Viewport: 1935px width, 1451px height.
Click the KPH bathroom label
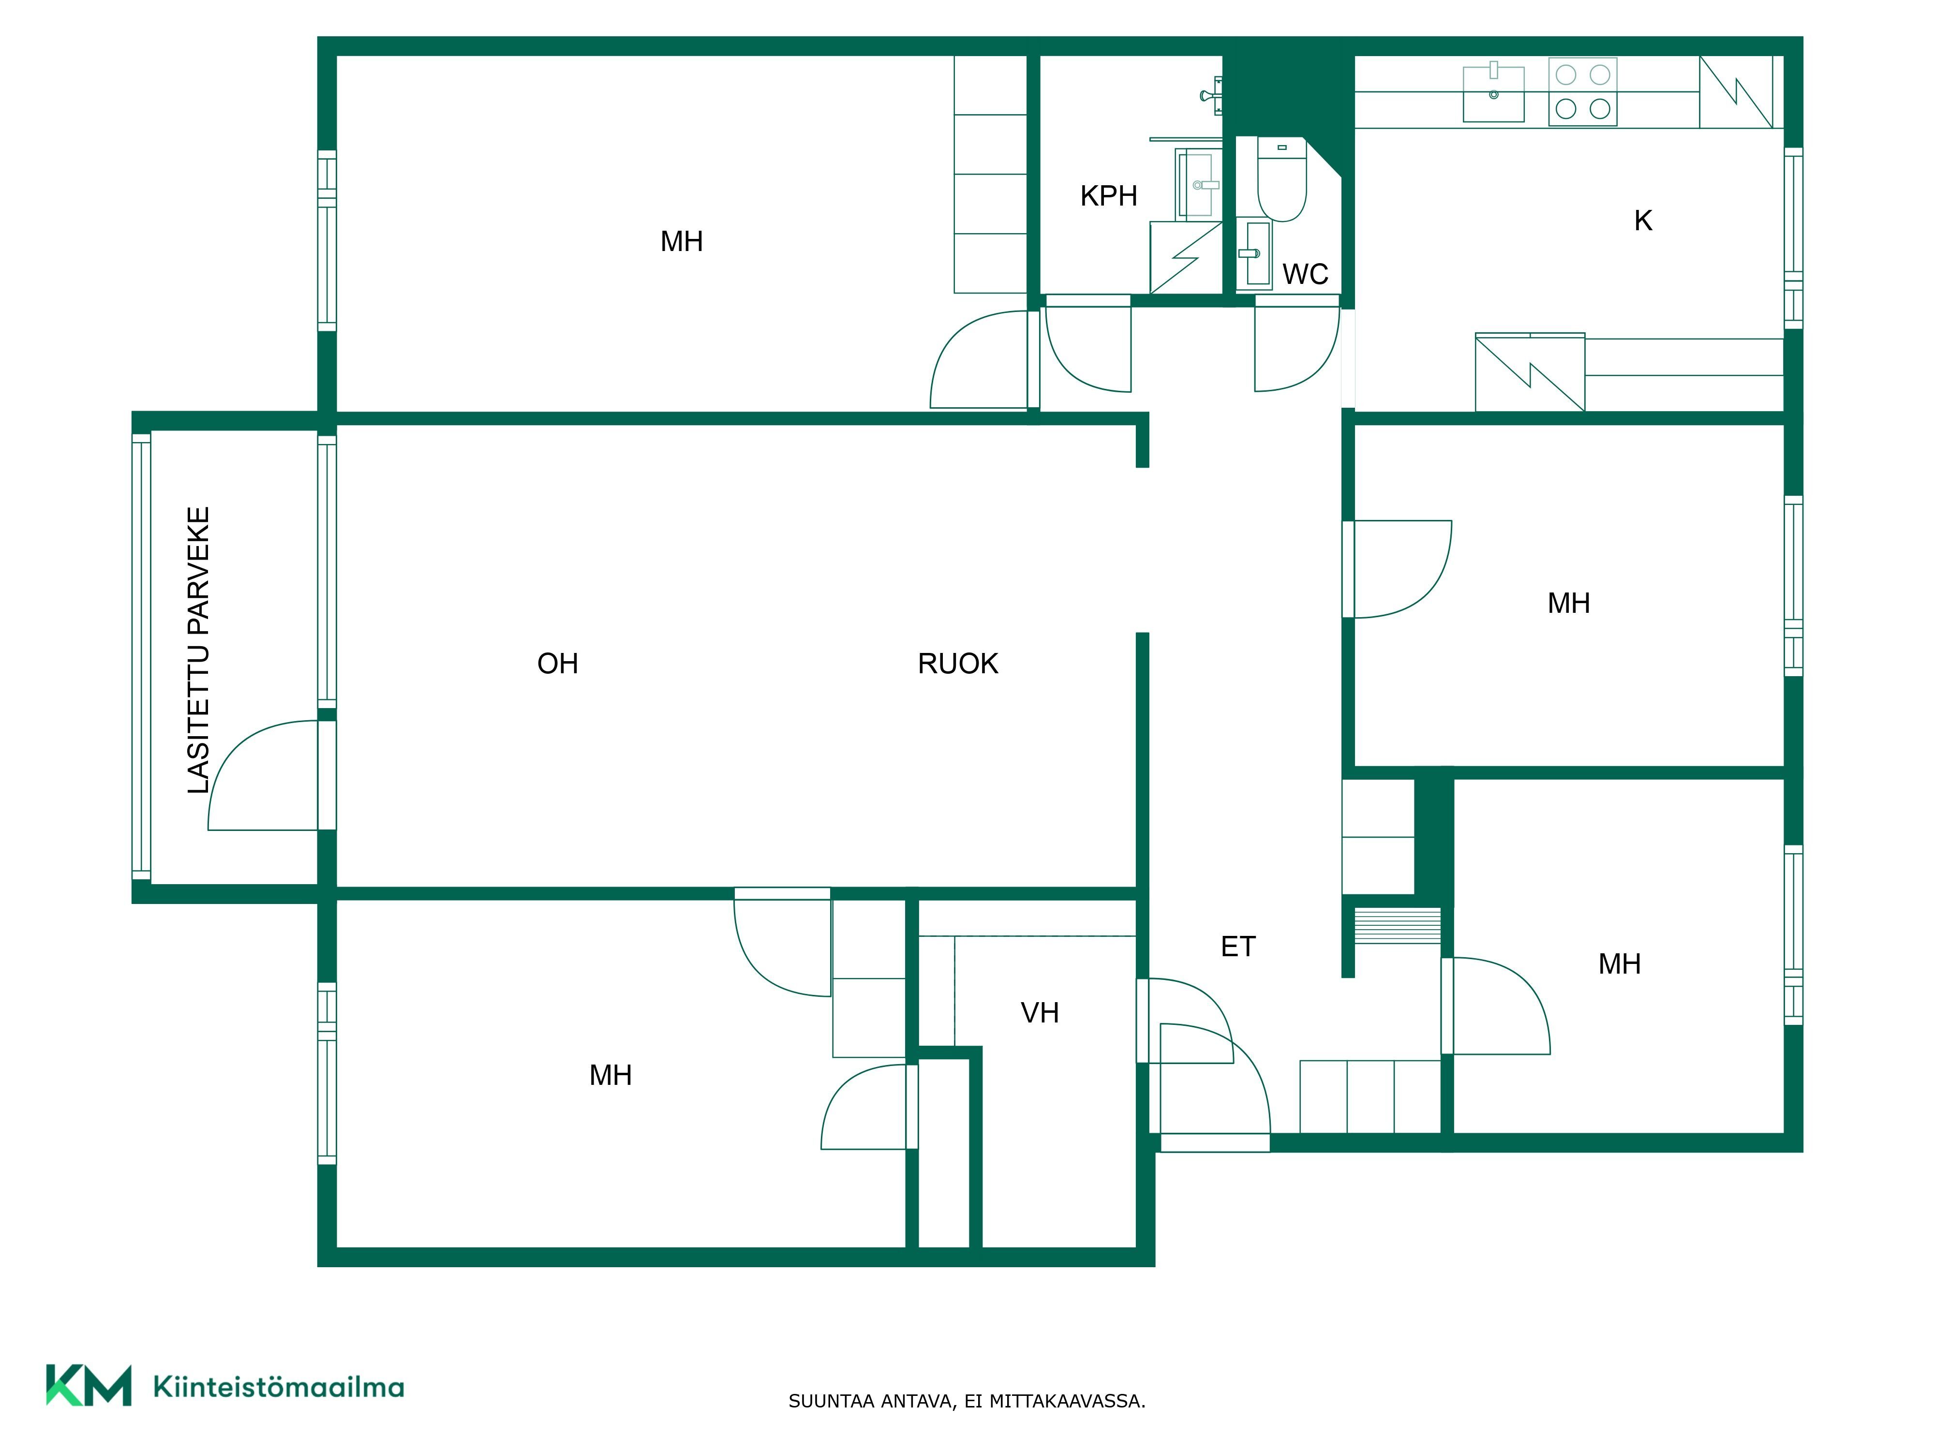(x=1108, y=196)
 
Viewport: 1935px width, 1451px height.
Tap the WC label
(x=1305, y=275)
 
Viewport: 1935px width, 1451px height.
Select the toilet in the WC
(x=1281, y=179)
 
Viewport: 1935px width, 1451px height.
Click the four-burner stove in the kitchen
(x=1582, y=92)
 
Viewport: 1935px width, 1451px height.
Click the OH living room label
(x=557, y=664)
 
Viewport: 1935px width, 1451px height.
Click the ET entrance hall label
(x=1238, y=947)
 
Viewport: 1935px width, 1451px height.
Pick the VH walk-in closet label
(x=1039, y=1013)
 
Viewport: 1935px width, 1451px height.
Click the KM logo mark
(x=89, y=1385)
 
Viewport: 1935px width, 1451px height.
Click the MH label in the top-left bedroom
(x=682, y=241)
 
